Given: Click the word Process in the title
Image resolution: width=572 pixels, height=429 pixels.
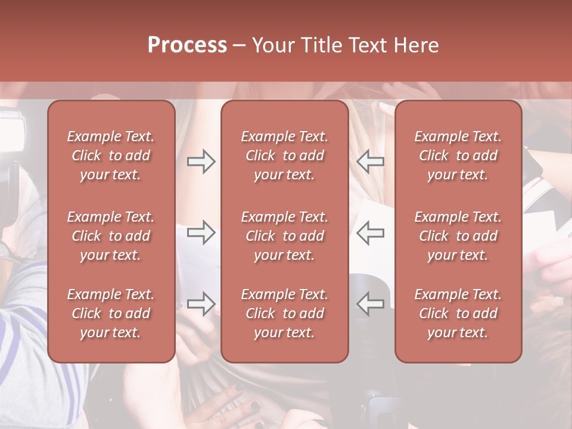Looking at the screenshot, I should (187, 45).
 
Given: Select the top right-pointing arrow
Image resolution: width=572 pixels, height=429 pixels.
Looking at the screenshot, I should (201, 161).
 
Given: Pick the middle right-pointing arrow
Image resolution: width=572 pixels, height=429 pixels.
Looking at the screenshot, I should (201, 232).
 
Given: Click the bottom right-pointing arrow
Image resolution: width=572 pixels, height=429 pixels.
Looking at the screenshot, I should (201, 303).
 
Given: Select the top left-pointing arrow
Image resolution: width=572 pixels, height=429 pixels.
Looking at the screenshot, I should (370, 161).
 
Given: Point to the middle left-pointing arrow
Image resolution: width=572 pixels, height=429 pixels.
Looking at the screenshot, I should (370, 232).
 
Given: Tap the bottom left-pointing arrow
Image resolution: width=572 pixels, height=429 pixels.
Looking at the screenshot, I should (370, 303).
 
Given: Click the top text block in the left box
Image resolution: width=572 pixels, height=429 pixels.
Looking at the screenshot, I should (111, 156).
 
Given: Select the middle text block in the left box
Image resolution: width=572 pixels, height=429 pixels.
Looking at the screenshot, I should (111, 236).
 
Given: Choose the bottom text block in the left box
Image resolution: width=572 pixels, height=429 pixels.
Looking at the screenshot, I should (111, 313).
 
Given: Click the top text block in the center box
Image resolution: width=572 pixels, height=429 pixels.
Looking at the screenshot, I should (284, 156).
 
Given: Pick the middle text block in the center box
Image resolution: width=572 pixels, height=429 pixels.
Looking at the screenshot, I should (284, 236).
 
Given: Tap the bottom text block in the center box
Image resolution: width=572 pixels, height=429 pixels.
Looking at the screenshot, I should (284, 313).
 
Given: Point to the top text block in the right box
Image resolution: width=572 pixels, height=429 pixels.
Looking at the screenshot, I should (458, 156).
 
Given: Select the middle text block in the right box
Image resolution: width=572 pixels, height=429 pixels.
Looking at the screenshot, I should (458, 236).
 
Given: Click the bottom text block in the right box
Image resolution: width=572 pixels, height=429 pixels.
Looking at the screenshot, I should (458, 313).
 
